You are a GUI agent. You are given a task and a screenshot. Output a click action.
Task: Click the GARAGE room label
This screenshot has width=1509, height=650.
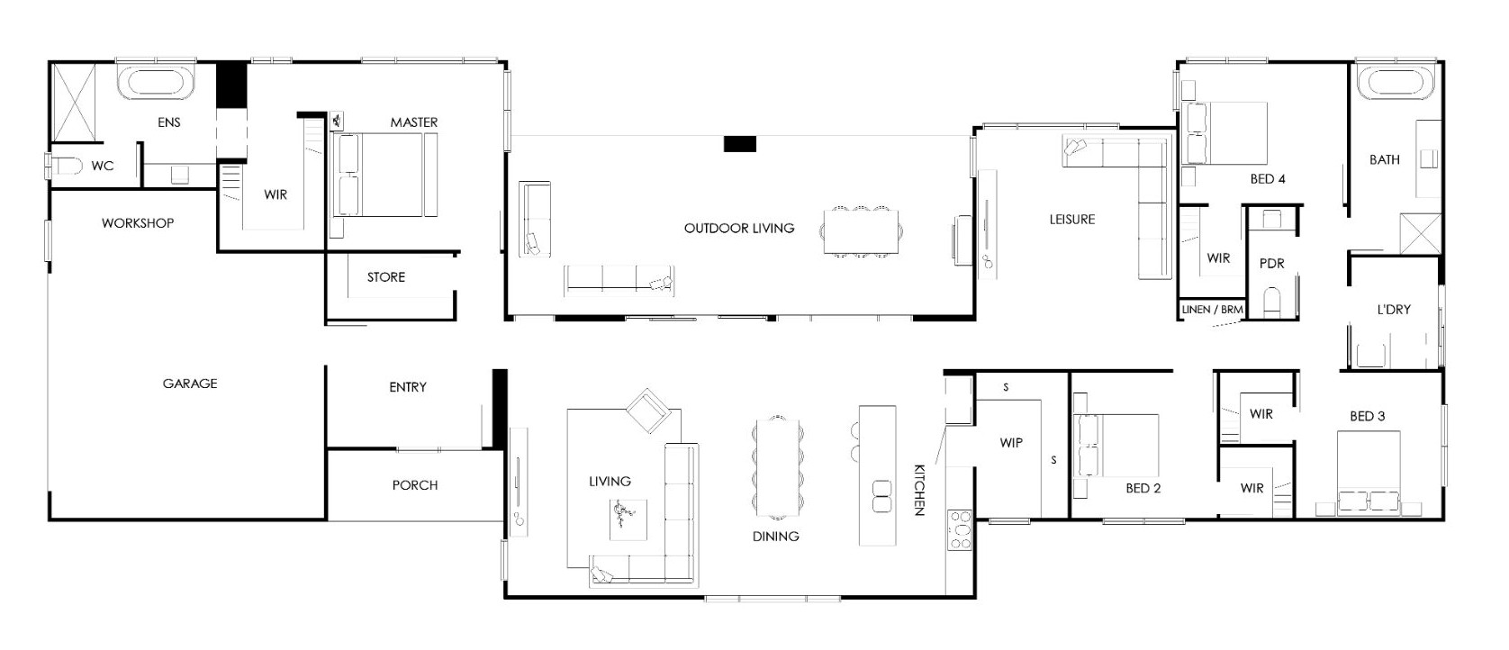pos(190,384)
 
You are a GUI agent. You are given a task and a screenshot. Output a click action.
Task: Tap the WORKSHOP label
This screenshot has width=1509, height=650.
pos(138,223)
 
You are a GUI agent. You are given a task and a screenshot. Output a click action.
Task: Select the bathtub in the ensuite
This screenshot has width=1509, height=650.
pos(157,83)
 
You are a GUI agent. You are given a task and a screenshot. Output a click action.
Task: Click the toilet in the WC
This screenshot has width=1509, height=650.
pos(67,165)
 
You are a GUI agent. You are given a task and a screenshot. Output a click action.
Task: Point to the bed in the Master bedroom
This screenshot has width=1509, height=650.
pos(384,175)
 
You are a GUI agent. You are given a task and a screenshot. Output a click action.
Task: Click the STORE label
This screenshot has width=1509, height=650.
pos(386,277)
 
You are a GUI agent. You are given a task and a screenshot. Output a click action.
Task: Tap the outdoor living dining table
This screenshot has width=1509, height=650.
pos(861,232)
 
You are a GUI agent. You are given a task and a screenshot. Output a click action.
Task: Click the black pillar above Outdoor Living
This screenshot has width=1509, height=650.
pos(740,143)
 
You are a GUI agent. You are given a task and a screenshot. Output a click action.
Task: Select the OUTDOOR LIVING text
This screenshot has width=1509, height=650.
pos(739,229)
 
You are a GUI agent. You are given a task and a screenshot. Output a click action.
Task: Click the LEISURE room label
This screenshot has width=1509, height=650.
pos(1071,219)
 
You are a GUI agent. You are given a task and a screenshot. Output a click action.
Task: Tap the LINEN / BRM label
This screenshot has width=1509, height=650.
pos(1212,309)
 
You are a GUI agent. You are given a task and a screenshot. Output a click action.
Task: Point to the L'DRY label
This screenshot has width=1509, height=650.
pos(1393,309)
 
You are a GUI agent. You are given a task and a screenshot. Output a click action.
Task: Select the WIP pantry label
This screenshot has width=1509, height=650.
pos(1011,443)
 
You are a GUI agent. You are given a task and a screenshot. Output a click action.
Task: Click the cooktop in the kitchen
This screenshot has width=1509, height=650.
pos(960,530)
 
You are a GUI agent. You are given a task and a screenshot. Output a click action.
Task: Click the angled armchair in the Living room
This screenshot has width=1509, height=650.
pos(648,411)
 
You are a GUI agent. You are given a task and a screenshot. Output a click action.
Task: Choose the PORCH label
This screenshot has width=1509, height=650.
pos(415,485)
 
